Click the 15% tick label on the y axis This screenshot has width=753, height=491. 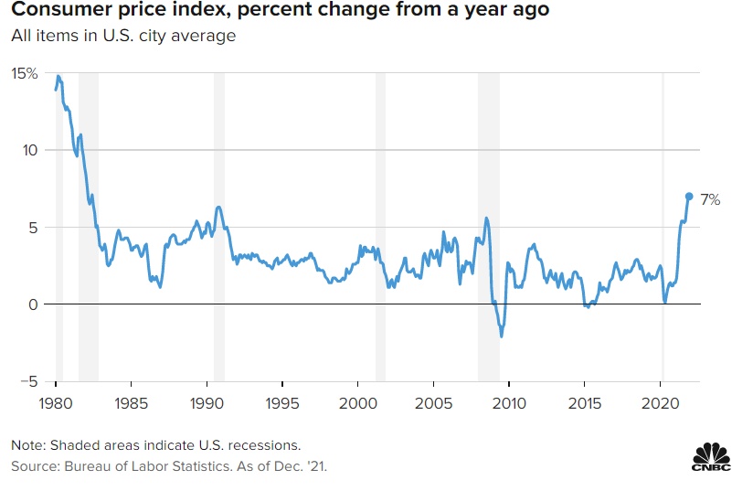[24, 72]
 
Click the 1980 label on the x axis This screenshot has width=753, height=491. [56, 403]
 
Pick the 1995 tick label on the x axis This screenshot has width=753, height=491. [282, 403]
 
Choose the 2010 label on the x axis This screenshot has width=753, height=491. [510, 403]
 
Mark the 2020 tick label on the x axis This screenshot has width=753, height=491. [661, 403]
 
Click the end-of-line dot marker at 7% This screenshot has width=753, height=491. [689, 196]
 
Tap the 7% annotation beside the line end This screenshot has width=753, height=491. [710, 199]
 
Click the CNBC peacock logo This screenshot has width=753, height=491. [711, 459]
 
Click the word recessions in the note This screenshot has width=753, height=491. [266, 445]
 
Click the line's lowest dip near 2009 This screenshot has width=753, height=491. [501, 336]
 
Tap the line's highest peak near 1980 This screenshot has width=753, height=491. [58, 76]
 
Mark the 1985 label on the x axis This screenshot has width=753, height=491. [132, 403]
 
